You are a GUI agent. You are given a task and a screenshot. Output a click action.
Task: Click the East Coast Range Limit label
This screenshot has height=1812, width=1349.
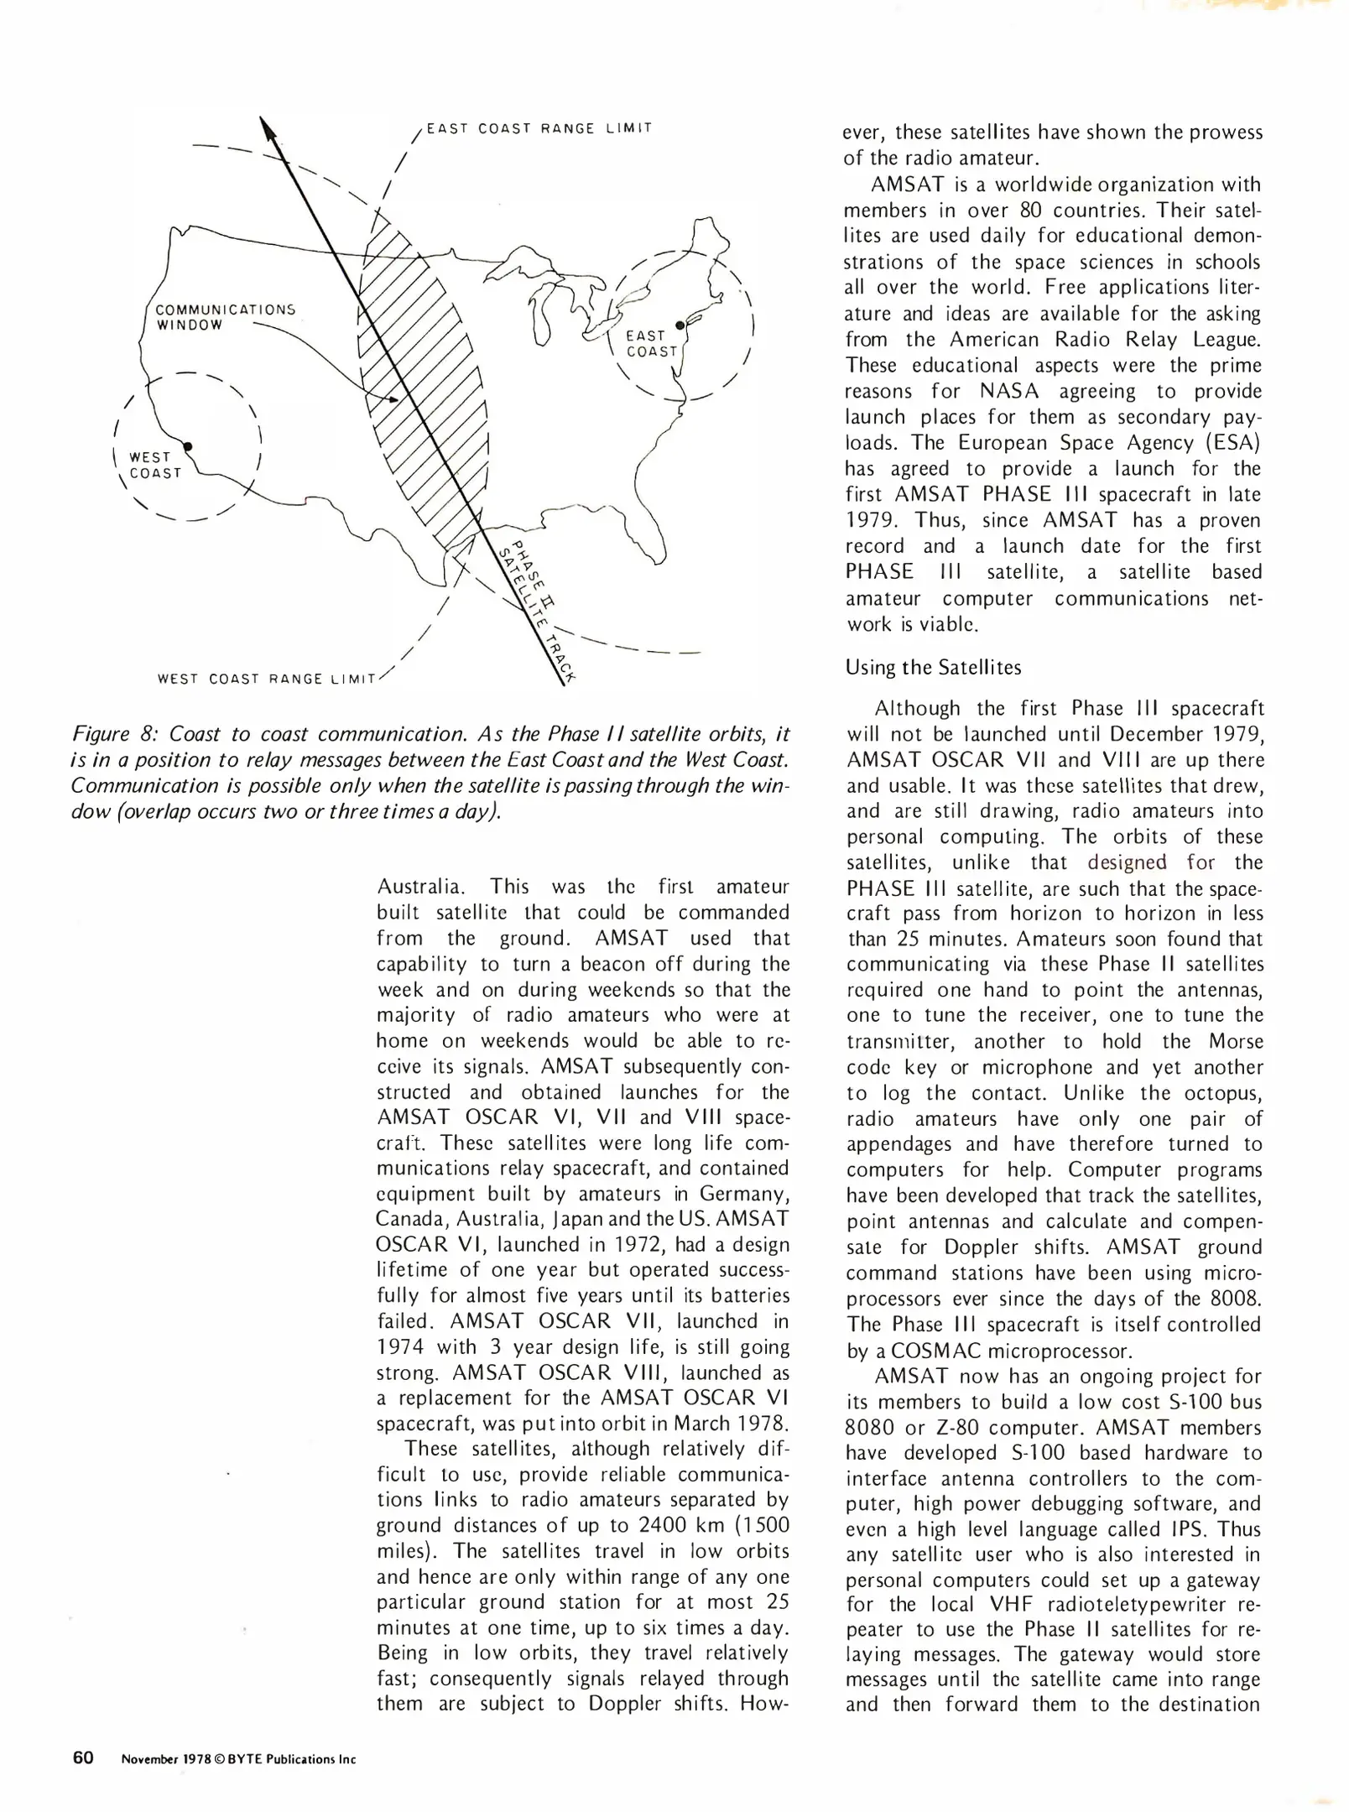tap(539, 128)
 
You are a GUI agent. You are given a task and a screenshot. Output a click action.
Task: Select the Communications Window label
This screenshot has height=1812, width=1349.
tap(225, 317)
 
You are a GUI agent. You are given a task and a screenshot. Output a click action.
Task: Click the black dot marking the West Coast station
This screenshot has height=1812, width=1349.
tap(189, 445)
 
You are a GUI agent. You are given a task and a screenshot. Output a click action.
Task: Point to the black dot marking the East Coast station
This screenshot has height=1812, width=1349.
tap(680, 325)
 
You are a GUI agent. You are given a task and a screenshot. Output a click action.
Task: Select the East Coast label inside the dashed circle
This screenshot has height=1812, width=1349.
tap(650, 344)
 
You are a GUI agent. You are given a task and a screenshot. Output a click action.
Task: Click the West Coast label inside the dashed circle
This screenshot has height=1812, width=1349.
tap(154, 465)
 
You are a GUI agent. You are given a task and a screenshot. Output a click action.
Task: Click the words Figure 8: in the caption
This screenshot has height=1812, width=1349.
tap(114, 734)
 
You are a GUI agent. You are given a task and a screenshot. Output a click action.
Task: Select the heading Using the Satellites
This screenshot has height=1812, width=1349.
tap(933, 667)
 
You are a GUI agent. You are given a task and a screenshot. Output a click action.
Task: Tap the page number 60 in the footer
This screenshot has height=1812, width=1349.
tap(82, 1758)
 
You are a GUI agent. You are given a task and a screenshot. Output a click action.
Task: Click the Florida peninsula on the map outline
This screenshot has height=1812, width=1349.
tap(646, 537)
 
